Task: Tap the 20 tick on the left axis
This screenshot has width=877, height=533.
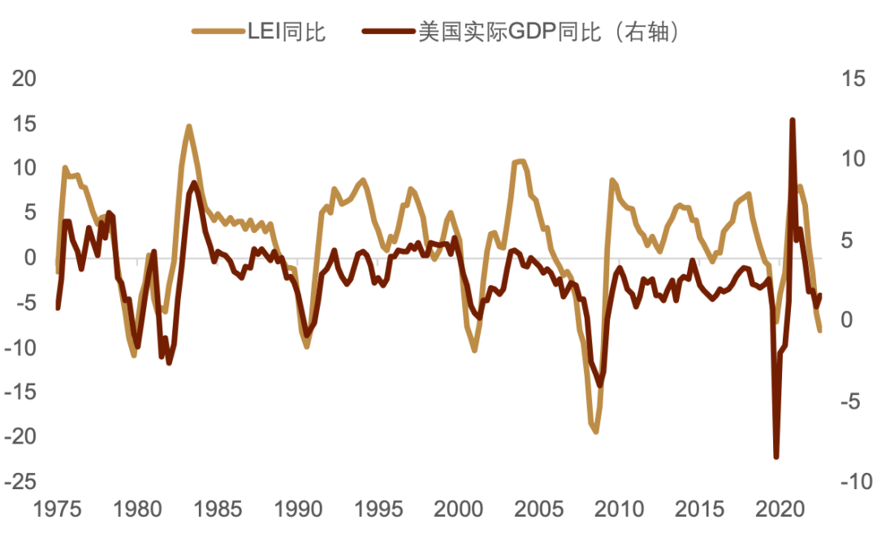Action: (24, 79)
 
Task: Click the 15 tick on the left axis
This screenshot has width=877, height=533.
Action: (24, 123)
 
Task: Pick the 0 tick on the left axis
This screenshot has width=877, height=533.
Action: (31, 258)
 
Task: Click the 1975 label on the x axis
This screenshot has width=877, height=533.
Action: (58, 509)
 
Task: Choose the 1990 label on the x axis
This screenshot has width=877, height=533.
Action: (298, 509)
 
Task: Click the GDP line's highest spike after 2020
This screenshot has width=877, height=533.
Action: (792, 120)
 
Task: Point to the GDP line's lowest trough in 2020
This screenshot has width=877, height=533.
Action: (776, 457)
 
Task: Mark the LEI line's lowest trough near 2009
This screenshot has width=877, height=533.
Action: (595, 431)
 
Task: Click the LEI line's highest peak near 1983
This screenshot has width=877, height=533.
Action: (188, 126)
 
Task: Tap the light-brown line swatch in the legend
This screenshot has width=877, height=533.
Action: (218, 32)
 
